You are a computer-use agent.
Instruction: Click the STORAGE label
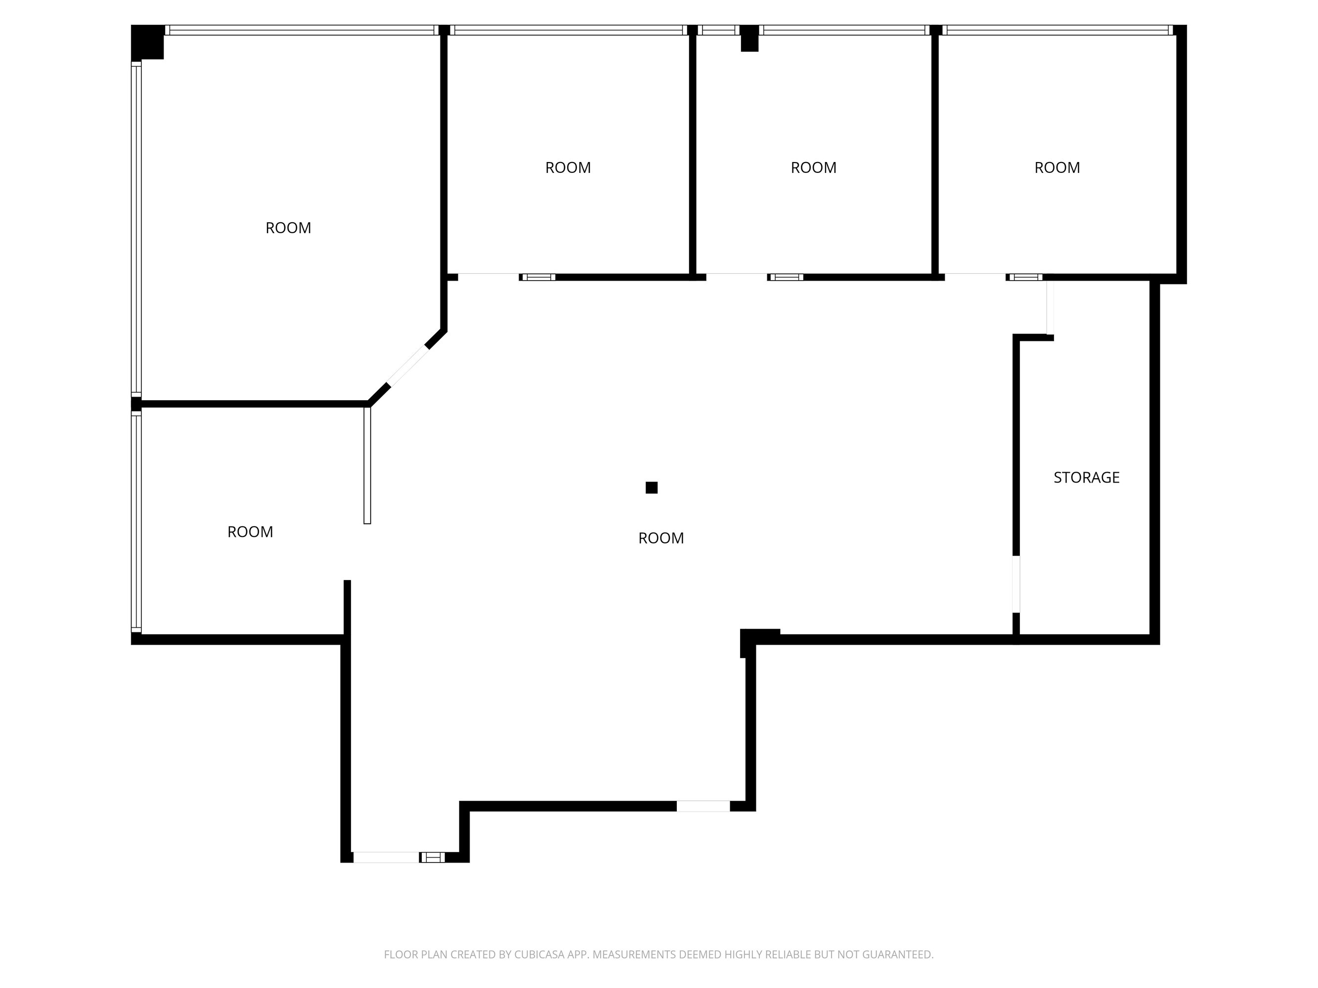[1086, 477]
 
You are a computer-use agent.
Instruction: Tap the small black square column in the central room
[651, 488]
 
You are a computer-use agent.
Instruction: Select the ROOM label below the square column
[661, 538]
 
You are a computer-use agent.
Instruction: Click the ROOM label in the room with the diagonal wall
[288, 228]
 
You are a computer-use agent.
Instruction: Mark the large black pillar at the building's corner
[147, 41]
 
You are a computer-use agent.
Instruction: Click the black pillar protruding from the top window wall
[749, 38]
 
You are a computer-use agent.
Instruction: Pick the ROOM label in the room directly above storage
[1057, 167]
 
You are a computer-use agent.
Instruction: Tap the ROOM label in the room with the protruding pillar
[813, 167]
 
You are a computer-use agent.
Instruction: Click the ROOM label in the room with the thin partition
[250, 532]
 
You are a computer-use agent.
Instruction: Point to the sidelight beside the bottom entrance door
[433, 858]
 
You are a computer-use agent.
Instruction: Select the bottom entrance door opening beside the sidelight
[386, 858]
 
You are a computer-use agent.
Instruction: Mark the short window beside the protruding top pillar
[719, 30]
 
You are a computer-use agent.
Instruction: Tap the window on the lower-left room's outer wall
[136, 522]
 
